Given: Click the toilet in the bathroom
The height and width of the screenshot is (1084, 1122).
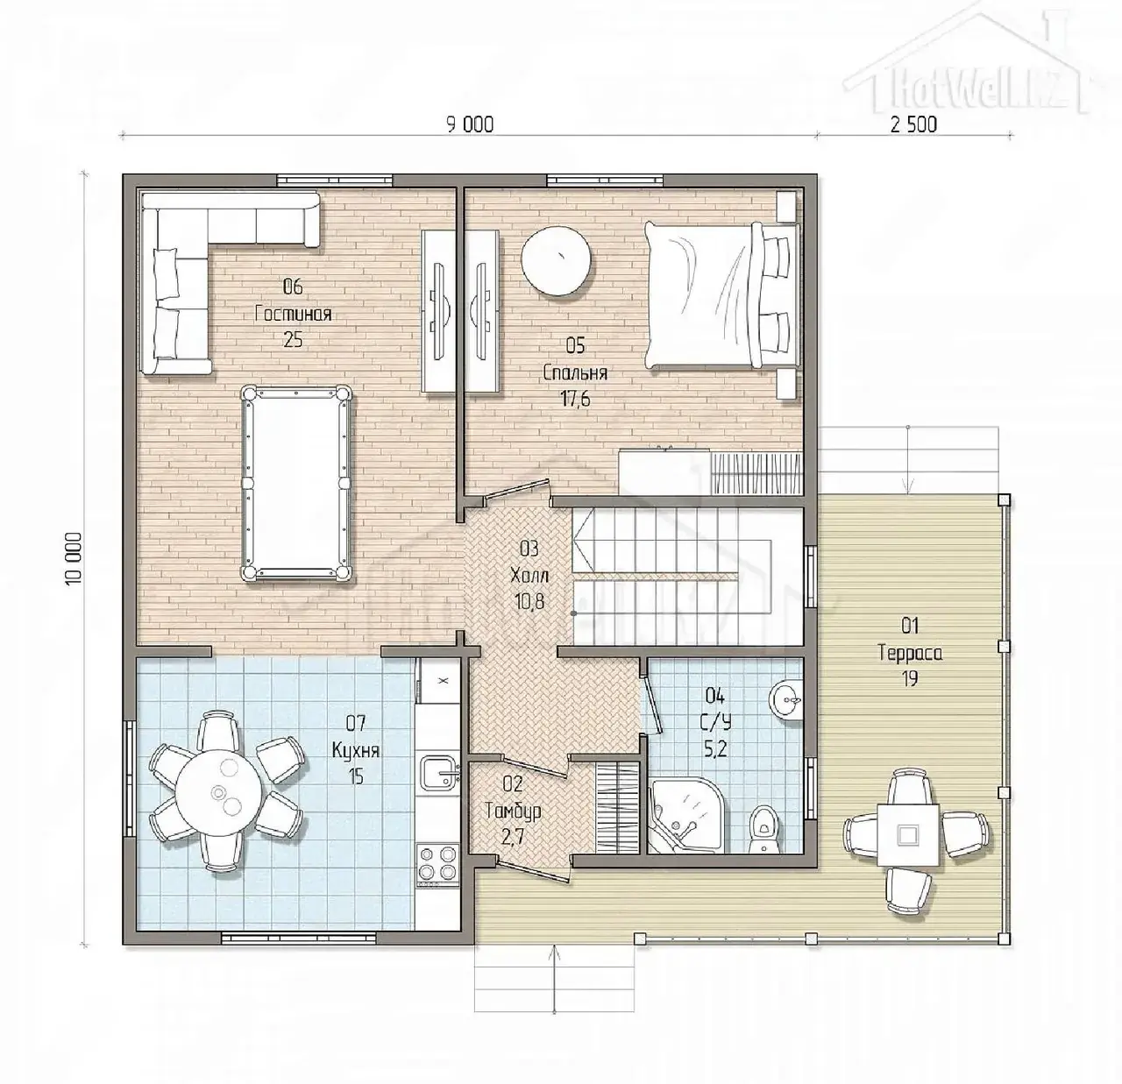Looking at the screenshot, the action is pyautogui.click(x=764, y=831).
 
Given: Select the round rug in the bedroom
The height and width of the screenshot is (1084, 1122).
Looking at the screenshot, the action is pyautogui.click(x=555, y=260).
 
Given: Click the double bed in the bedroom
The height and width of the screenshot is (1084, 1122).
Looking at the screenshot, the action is pyautogui.click(x=722, y=295).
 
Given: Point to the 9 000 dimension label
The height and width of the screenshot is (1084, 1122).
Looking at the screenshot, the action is pyautogui.click(x=470, y=124).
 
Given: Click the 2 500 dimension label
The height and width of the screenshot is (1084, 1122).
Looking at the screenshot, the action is pyautogui.click(x=913, y=124).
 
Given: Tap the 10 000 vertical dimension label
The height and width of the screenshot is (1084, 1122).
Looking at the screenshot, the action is pyautogui.click(x=74, y=559).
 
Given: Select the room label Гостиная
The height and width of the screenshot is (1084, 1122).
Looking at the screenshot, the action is pyautogui.click(x=293, y=314).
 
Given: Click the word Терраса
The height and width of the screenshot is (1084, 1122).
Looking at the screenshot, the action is pyautogui.click(x=911, y=654).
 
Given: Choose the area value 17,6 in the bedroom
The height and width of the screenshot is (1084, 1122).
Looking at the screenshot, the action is pyautogui.click(x=575, y=399).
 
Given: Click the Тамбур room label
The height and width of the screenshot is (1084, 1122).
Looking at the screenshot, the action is pyautogui.click(x=513, y=811).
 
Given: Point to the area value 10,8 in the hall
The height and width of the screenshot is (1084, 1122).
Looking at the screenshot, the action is pyautogui.click(x=529, y=602).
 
